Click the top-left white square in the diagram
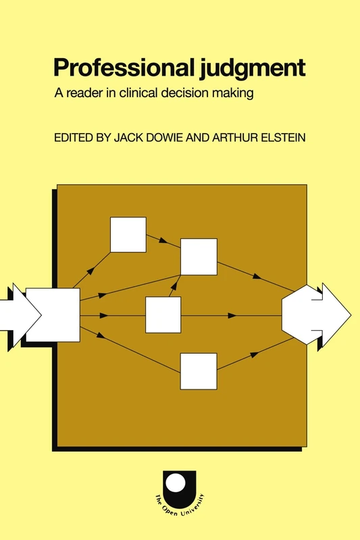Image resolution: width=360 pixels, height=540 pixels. tap(128, 234)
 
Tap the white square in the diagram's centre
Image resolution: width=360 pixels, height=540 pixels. tap(163, 315)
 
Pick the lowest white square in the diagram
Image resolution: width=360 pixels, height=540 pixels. tap(199, 371)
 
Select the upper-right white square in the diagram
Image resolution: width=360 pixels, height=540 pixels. tap(199, 257)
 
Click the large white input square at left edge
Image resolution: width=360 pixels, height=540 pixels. tap(53, 315)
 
